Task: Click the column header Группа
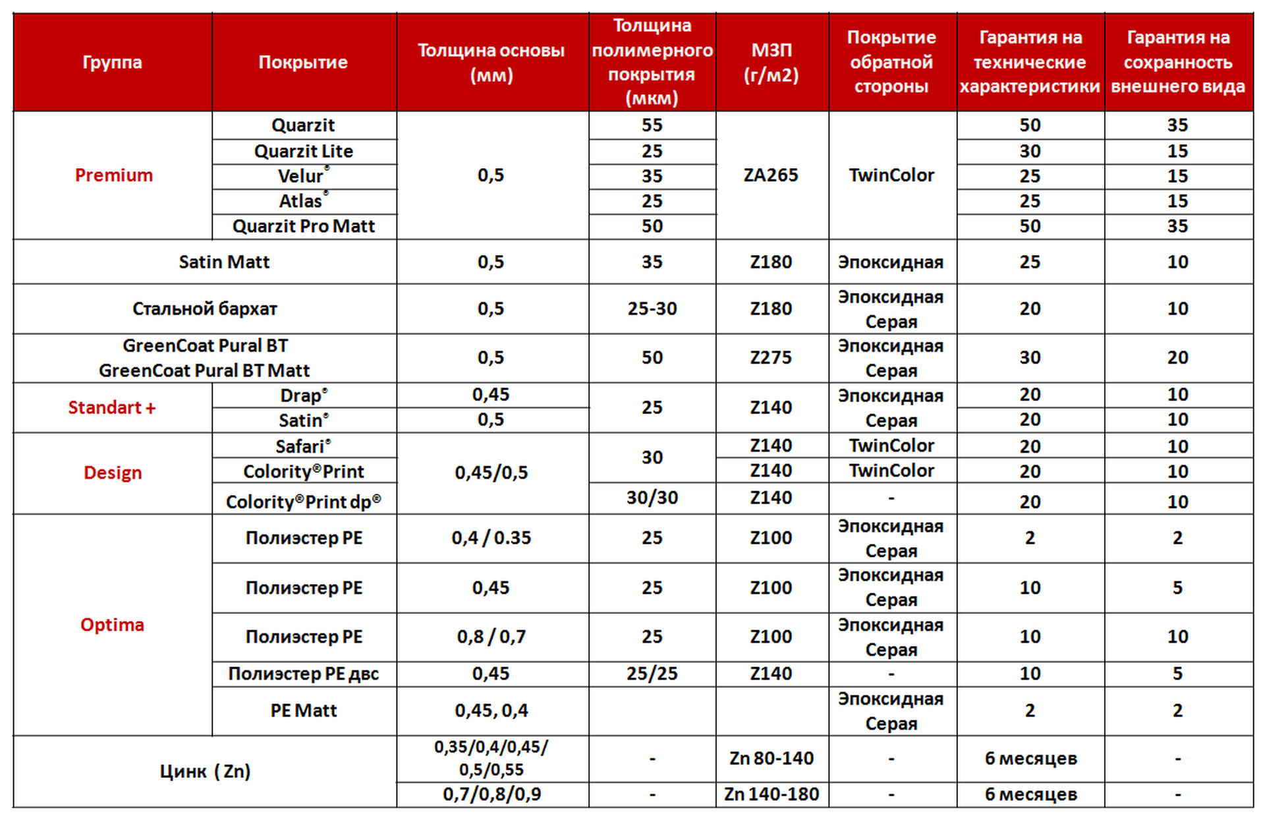point(112,62)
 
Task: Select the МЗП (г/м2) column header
point(771,62)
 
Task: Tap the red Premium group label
point(113,175)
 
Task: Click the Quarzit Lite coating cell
point(304,152)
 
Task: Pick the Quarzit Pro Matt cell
point(304,227)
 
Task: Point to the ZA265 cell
point(771,175)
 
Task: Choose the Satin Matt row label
point(224,262)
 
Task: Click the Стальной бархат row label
point(205,309)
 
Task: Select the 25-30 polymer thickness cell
point(652,309)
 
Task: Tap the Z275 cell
point(771,358)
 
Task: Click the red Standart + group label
point(112,408)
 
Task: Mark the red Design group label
point(113,473)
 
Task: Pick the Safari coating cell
point(304,447)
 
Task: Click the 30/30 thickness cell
point(652,498)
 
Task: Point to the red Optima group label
point(112,625)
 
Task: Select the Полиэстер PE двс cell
point(304,674)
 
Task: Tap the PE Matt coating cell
point(304,711)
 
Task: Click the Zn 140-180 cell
point(771,795)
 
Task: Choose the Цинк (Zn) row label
point(205,772)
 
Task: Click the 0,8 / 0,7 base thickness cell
point(492,637)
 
